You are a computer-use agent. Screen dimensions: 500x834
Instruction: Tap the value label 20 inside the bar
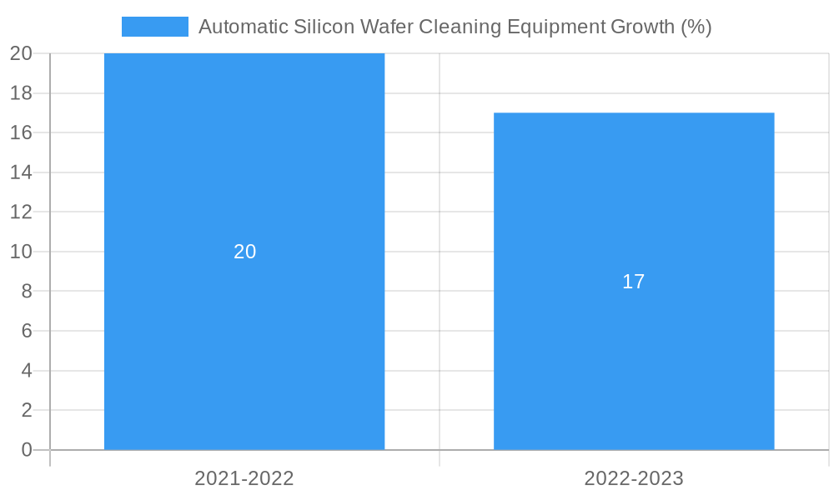(x=244, y=252)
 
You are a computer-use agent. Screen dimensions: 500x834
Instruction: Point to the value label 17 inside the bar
(x=634, y=282)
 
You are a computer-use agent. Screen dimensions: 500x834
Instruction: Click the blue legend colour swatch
(x=154, y=27)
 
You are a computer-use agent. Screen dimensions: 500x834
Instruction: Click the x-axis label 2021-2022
(x=244, y=478)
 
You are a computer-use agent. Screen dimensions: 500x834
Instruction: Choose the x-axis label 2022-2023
(x=634, y=478)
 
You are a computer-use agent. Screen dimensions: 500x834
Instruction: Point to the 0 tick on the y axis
(x=27, y=450)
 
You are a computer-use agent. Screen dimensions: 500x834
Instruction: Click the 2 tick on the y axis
(x=27, y=410)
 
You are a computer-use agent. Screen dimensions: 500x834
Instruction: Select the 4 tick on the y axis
(x=27, y=371)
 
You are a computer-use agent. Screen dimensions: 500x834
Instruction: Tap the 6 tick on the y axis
(x=27, y=331)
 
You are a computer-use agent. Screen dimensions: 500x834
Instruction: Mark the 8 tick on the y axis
(x=27, y=292)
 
